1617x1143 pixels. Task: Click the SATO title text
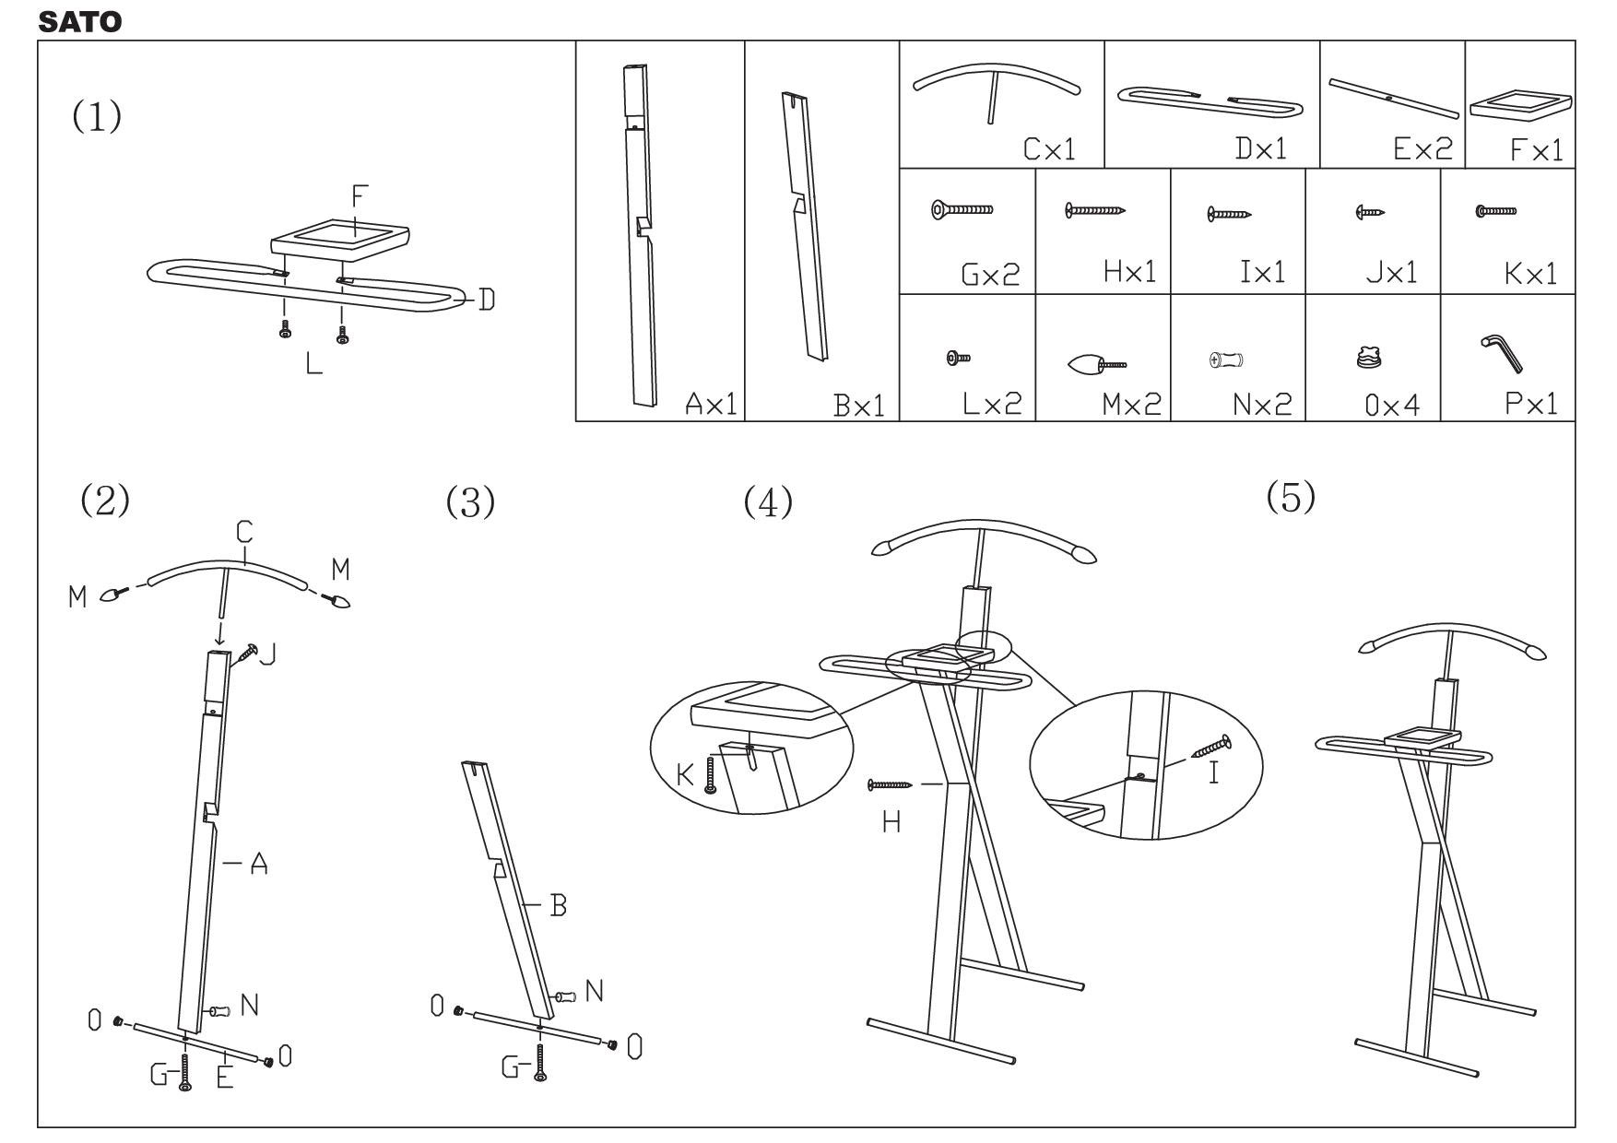coord(79,22)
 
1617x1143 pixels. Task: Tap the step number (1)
coord(97,116)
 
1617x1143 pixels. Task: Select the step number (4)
coord(768,502)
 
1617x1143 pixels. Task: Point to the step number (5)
coord(1291,498)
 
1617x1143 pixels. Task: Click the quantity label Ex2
coord(1422,148)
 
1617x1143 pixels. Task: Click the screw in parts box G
coord(962,210)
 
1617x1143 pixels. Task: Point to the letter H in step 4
coord(891,822)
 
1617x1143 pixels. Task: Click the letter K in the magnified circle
coord(685,774)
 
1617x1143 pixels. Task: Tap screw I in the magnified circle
coord(1210,747)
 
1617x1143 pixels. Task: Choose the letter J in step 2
coord(268,655)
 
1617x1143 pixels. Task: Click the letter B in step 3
coord(558,906)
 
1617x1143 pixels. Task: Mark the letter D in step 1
coord(486,300)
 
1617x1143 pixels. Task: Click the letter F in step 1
coord(360,196)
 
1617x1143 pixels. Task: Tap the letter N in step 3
coord(595,992)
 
